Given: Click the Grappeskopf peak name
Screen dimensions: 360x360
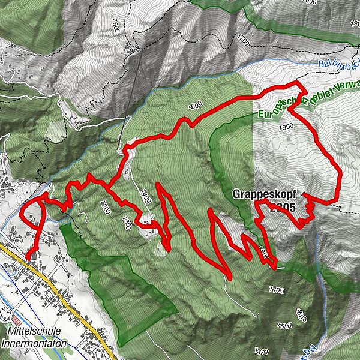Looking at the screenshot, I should pos(264,195).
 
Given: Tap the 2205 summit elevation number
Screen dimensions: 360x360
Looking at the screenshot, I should pos(283,208).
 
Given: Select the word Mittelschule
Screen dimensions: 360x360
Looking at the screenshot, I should pos(34,331).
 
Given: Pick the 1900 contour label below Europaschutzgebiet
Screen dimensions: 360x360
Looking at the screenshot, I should pos(286,127).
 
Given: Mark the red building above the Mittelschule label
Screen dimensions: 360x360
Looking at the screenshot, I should pos(15,321).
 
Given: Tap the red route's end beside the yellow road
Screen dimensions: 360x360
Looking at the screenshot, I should pos(28,257).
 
